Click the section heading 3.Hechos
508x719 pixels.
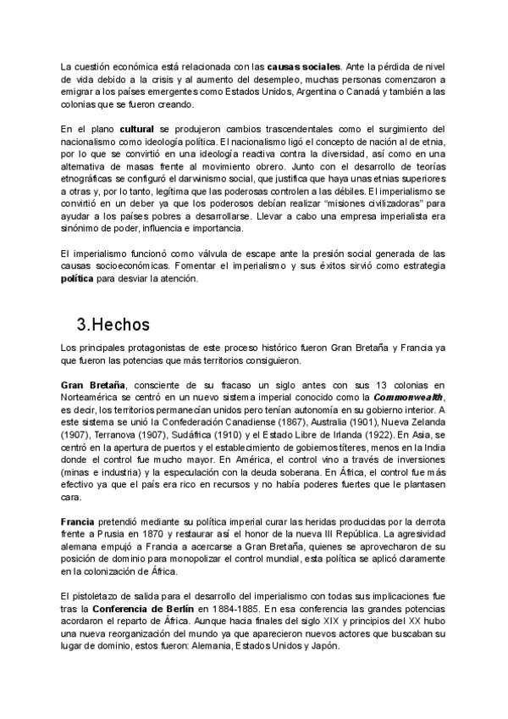(x=113, y=324)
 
